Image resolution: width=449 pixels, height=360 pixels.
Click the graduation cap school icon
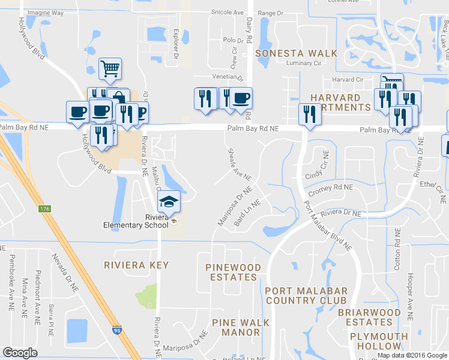[x=169, y=201]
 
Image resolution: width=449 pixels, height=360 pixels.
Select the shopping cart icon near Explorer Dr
[x=110, y=69]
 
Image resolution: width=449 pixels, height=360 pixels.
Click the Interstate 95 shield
[x=116, y=329]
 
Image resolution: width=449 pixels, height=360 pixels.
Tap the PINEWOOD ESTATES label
[x=233, y=272]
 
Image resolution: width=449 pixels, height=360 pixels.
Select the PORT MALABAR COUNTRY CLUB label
[x=306, y=295]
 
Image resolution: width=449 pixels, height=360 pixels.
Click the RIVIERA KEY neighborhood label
[x=136, y=265]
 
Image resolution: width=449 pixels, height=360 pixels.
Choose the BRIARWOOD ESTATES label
[x=369, y=317]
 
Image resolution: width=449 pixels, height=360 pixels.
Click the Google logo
[x=20, y=353]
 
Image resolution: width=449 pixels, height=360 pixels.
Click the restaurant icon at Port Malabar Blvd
[x=309, y=114]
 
